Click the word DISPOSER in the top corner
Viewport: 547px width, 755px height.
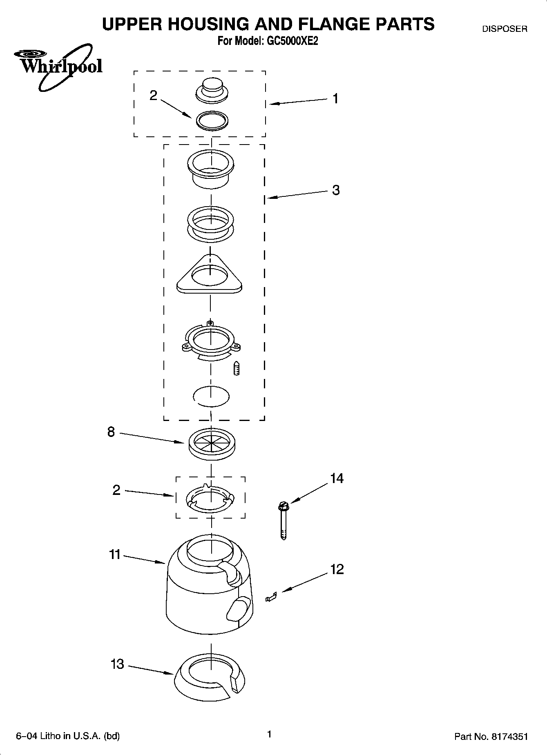coord(505,29)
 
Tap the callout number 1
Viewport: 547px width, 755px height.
coord(335,98)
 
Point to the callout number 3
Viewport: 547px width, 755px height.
coord(336,190)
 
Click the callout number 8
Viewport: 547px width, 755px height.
coord(111,432)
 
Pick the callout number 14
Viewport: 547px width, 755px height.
coord(337,478)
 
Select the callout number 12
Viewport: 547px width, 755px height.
coord(337,569)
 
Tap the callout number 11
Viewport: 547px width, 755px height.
coord(115,555)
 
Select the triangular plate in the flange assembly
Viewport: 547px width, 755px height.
coord(210,275)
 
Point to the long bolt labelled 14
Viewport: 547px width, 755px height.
coord(283,521)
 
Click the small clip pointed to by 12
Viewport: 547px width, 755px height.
coord(271,597)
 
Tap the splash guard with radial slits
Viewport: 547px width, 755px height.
coord(212,443)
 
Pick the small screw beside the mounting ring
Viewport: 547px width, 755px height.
coord(237,368)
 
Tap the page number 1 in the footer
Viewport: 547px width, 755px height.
coord(269,734)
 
